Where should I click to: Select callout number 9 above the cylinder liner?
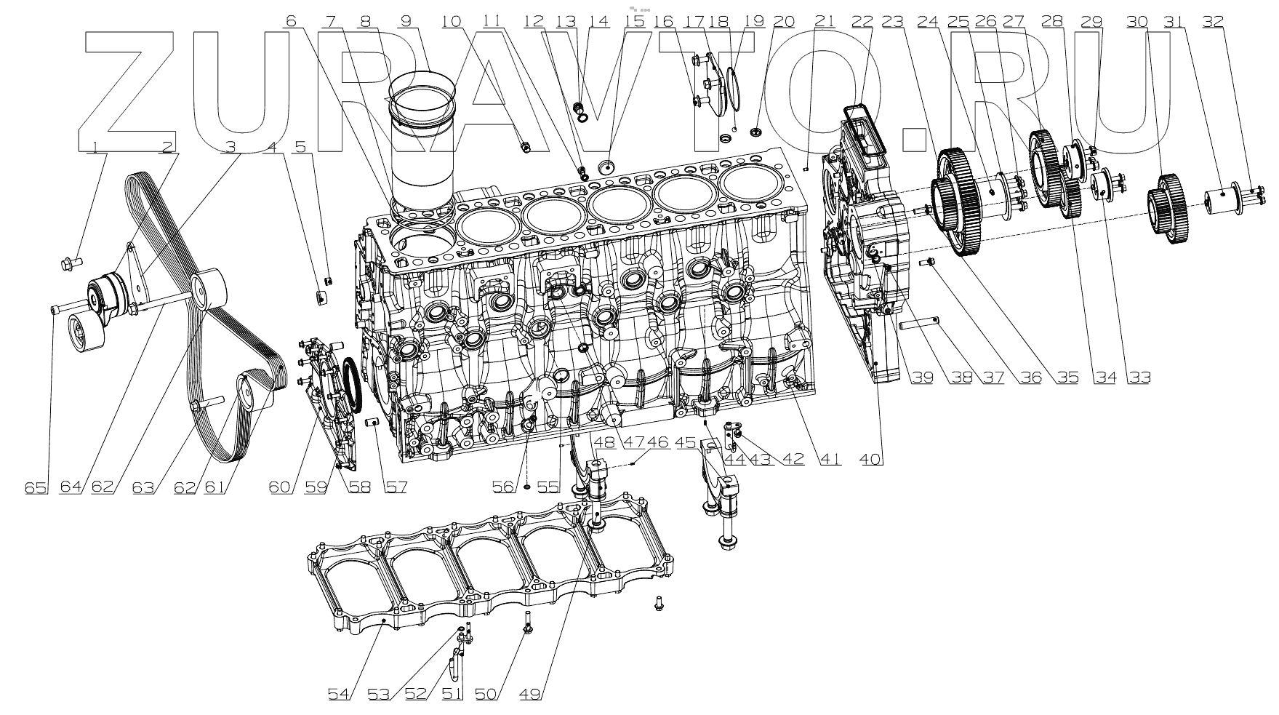[x=406, y=22]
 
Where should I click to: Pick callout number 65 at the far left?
[x=36, y=487]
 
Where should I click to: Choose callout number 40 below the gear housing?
[x=871, y=459]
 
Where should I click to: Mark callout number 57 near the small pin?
[x=396, y=487]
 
